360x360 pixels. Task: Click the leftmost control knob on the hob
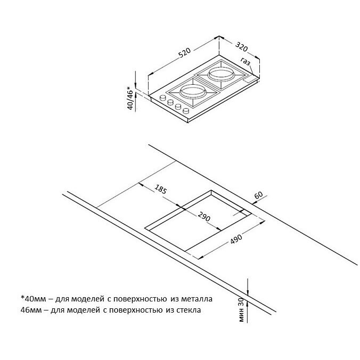[x=162, y=97]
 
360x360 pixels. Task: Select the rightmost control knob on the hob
[x=186, y=111]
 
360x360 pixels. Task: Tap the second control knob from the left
[x=170, y=102]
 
